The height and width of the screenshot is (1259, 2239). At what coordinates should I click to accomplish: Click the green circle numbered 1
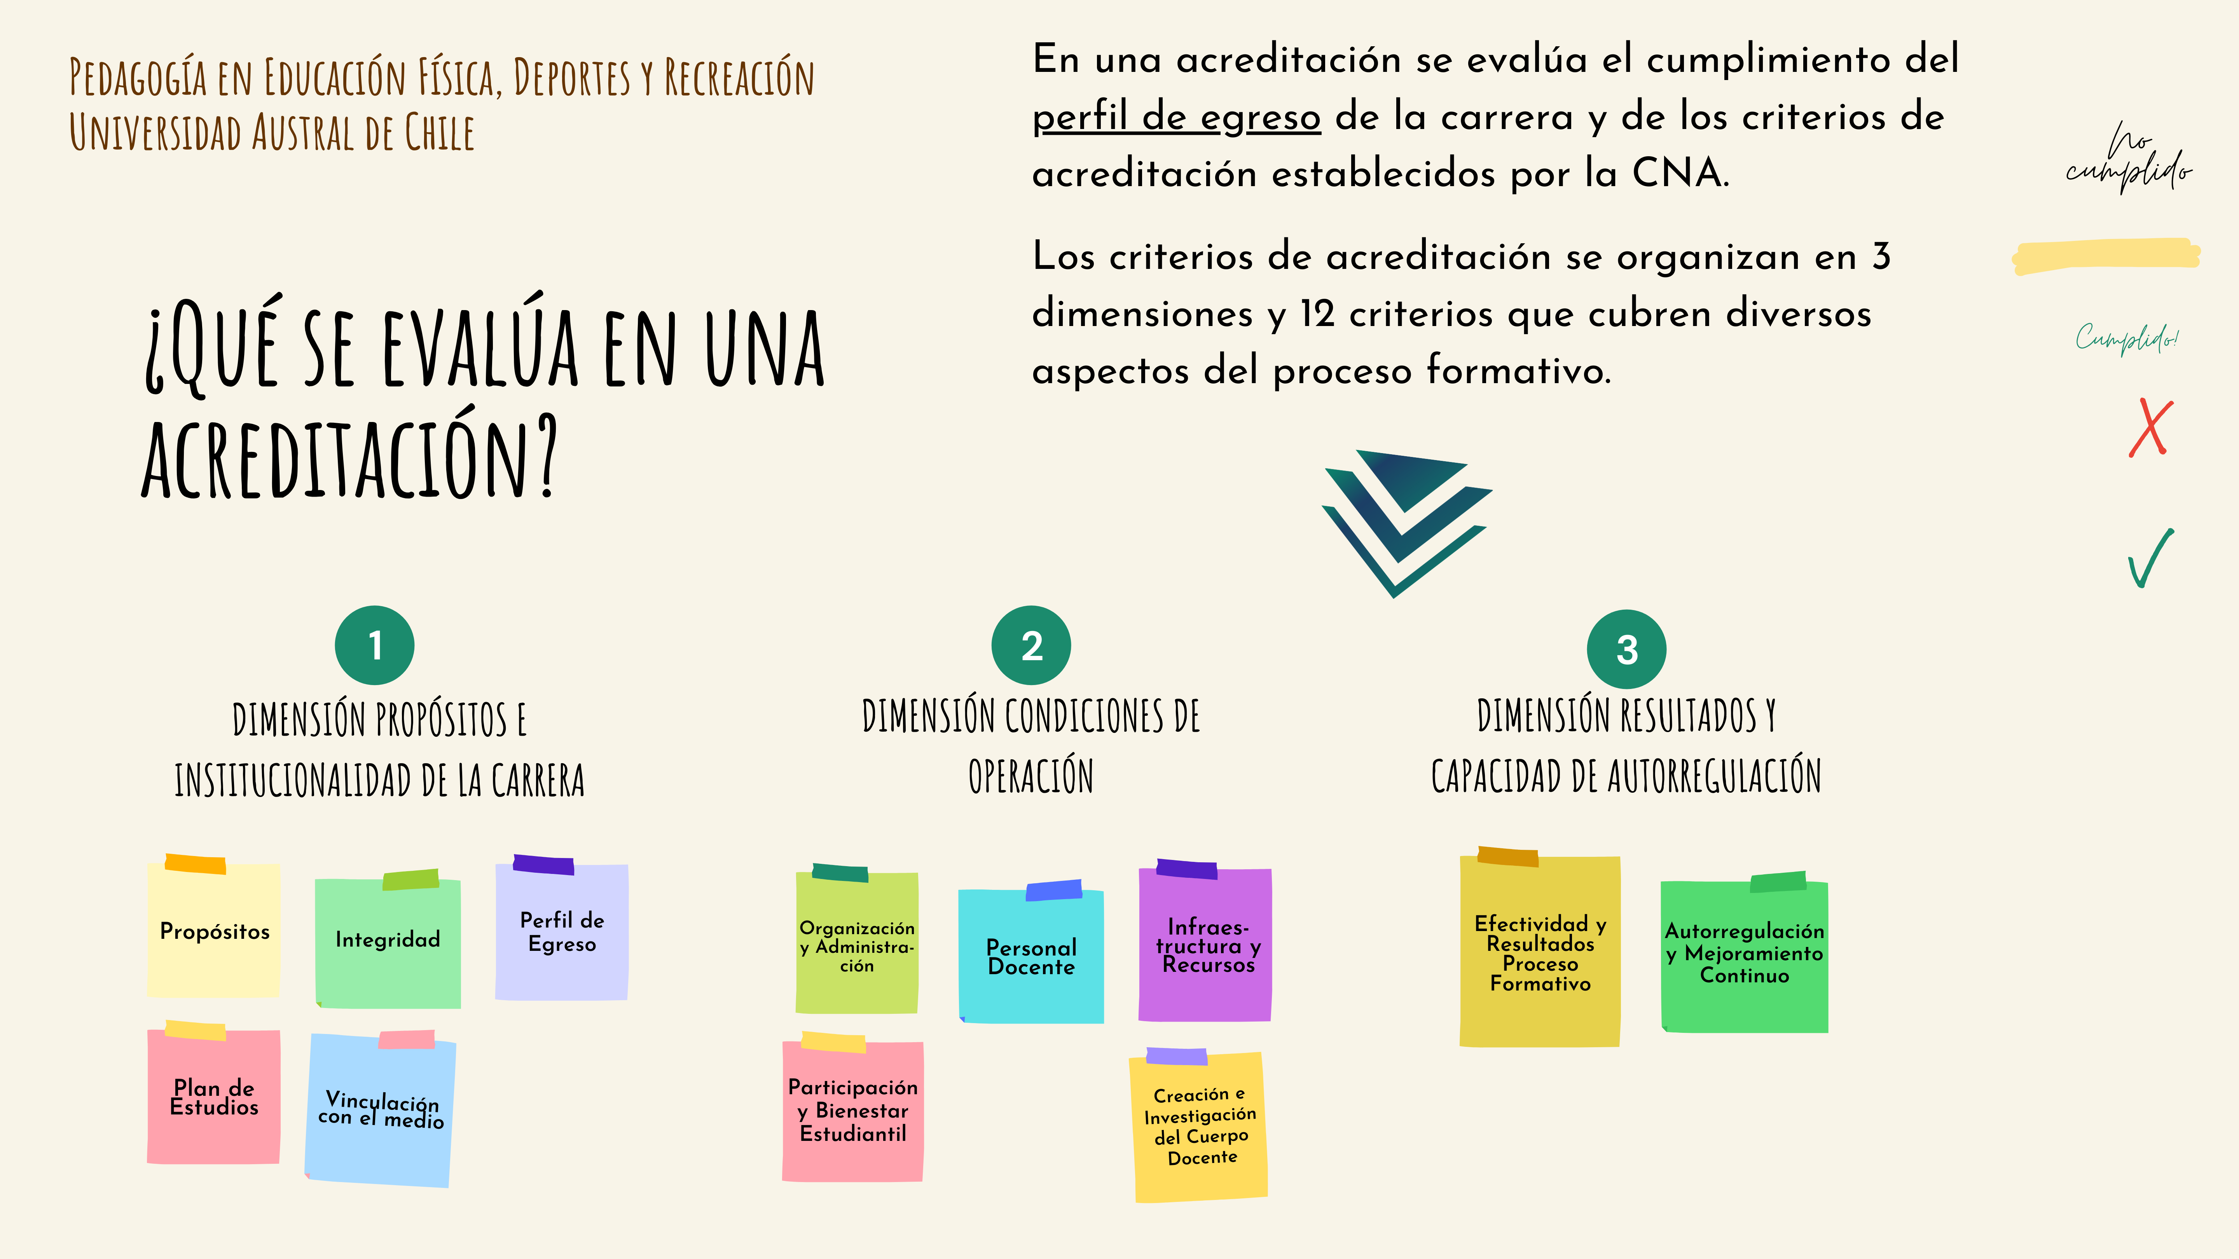click(375, 645)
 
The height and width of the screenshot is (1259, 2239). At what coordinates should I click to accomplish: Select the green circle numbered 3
click(1626, 649)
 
